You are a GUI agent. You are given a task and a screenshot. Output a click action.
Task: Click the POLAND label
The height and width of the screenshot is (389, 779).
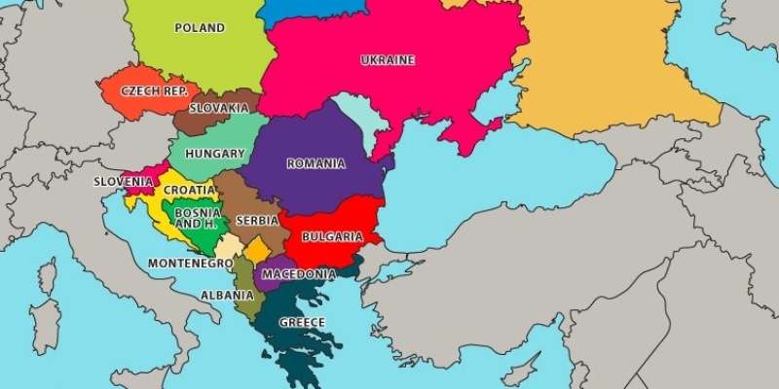pos(199,28)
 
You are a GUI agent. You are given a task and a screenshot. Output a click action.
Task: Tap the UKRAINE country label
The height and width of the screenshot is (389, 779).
pos(388,60)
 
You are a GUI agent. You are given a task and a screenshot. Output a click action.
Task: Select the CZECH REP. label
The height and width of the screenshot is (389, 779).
pos(154,90)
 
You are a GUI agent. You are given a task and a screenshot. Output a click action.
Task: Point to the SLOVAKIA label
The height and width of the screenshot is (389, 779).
pos(218,108)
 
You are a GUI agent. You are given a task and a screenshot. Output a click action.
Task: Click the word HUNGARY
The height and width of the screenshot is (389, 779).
pos(214,154)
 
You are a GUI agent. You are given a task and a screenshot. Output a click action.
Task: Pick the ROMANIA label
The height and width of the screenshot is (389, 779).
pos(315,163)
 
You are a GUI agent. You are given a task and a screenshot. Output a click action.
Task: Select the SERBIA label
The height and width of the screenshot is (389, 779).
pos(257,221)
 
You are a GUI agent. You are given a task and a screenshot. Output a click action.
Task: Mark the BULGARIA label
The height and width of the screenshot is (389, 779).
pos(332,236)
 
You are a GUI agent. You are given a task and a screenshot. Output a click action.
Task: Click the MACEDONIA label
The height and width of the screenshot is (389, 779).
pos(299,274)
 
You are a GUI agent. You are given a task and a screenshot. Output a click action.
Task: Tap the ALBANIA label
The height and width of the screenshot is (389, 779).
pos(228,295)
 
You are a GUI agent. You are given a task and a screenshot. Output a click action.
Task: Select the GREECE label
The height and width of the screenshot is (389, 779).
pos(302,323)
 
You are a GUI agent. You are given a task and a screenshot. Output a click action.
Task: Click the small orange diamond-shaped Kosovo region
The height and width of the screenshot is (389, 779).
pos(257,250)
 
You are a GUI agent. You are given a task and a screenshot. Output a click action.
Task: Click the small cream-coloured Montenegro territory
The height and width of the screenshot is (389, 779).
pos(227,246)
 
